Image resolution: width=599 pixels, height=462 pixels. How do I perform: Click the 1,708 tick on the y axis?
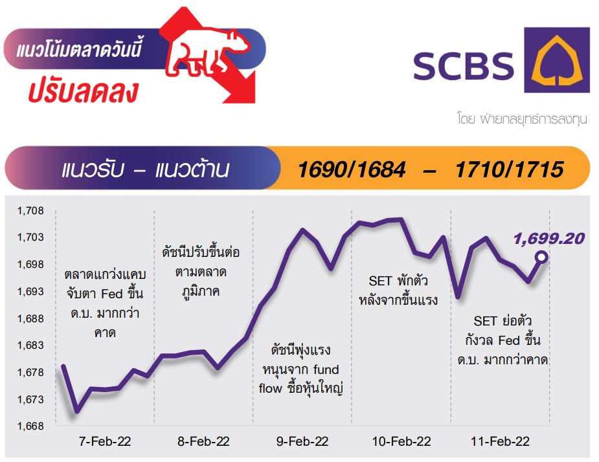tap(30, 210)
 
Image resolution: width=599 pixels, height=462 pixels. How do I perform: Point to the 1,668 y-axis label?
tap(30, 426)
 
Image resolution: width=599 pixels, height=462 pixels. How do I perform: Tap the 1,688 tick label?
tap(30, 318)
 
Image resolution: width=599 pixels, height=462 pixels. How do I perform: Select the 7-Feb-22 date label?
tap(105, 441)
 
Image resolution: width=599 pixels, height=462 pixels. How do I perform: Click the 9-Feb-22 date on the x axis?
tap(302, 441)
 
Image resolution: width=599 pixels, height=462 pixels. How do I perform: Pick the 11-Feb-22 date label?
tap(500, 441)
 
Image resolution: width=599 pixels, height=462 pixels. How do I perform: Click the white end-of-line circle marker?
tap(541, 257)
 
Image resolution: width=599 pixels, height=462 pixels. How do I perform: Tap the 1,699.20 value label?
tap(548, 239)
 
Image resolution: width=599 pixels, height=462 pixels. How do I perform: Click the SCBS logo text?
tap(464, 66)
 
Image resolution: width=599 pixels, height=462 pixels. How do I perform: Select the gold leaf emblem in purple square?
tap(557, 60)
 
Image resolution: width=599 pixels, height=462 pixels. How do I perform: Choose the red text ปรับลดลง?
tap(83, 92)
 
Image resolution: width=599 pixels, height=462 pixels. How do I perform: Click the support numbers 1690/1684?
tap(352, 169)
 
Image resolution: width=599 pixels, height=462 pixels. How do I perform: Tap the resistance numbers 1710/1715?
tap(509, 169)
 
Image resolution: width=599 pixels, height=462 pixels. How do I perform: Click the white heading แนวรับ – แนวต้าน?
tap(145, 169)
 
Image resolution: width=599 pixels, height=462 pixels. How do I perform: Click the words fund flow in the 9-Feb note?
tap(299, 379)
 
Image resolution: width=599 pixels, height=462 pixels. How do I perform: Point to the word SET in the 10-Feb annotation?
tap(379, 281)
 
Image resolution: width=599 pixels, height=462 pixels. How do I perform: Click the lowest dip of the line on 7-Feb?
tap(77, 412)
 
